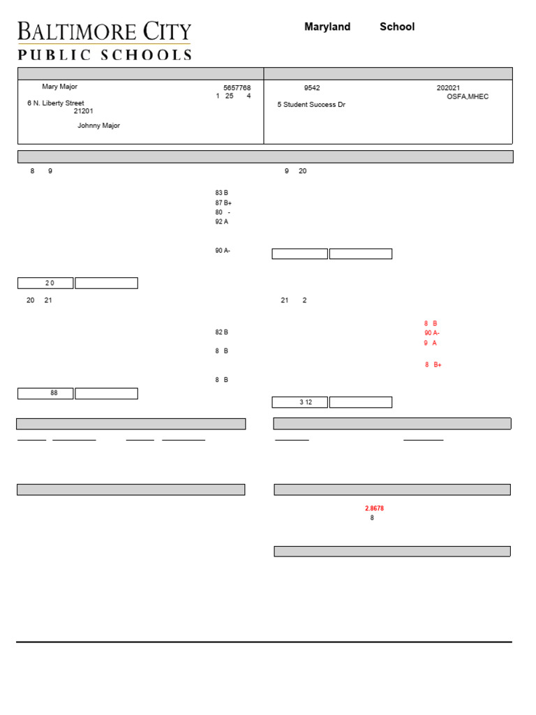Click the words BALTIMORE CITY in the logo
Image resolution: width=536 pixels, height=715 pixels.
click(x=104, y=31)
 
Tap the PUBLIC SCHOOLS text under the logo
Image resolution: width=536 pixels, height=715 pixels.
click(x=104, y=55)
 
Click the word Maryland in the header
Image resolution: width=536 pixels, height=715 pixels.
click(x=327, y=27)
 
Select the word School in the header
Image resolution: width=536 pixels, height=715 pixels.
click(x=397, y=27)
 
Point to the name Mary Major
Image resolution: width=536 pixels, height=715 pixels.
click(x=59, y=87)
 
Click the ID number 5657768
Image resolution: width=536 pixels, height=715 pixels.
click(x=237, y=88)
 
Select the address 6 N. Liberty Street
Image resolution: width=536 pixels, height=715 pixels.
click(x=56, y=103)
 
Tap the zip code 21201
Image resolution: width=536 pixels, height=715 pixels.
click(x=84, y=111)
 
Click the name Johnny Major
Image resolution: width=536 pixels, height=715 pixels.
click(x=98, y=126)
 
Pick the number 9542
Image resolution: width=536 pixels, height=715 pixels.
click(x=312, y=88)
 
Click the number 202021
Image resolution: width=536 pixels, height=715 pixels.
click(x=448, y=88)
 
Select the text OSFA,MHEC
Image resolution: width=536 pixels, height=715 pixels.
click(x=468, y=96)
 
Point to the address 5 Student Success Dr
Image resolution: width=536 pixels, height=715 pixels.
click(x=311, y=105)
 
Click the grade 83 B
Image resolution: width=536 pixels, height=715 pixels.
click(x=221, y=193)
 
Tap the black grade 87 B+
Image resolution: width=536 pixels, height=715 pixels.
click(x=223, y=202)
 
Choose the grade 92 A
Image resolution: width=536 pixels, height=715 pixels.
click(x=221, y=221)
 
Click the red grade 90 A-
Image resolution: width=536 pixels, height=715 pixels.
click(x=431, y=333)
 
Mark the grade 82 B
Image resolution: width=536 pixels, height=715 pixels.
click(x=221, y=332)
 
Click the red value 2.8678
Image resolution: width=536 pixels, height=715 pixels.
click(x=374, y=508)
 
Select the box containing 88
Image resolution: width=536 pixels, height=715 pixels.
click(x=45, y=393)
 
